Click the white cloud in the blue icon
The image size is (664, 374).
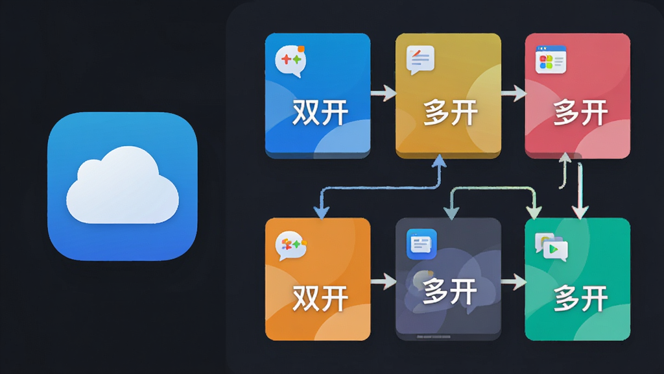tap(123, 185)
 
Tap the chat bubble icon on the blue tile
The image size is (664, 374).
tap(290, 61)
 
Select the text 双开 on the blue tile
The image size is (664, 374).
tap(320, 112)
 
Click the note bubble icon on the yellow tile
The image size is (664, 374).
tap(420, 60)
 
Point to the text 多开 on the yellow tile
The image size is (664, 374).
tap(451, 113)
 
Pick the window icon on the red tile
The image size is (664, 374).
tap(551, 60)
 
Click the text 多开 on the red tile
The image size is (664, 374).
tap(580, 113)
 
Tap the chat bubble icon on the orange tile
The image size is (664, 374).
tap(291, 246)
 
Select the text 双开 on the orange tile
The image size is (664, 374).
tap(320, 298)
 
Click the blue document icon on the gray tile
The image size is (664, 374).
tap(421, 244)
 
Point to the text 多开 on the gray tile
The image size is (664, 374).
tap(450, 292)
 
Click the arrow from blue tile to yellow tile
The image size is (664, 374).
tap(383, 93)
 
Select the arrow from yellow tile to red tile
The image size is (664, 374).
tap(514, 93)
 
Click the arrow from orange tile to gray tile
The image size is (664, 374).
tap(383, 281)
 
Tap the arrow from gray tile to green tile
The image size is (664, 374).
tap(514, 281)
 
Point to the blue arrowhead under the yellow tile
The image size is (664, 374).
tap(439, 161)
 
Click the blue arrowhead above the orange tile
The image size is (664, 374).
tap(322, 212)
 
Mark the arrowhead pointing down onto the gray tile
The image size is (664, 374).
tap(451, 213)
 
